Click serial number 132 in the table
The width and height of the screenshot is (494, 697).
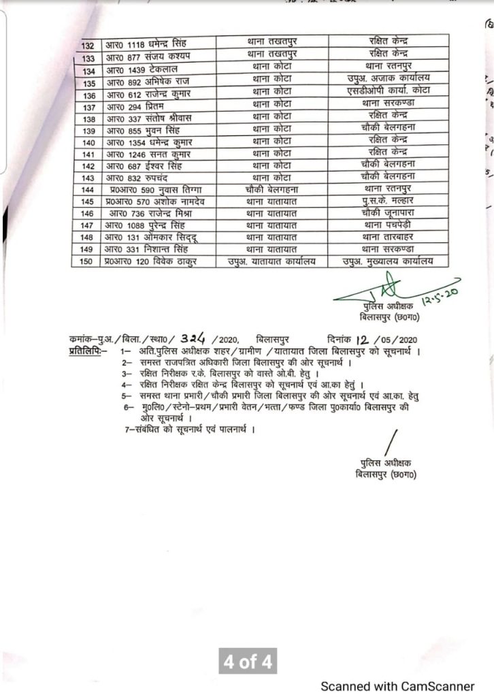[87, 45]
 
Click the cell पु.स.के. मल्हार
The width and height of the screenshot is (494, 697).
[386, 201]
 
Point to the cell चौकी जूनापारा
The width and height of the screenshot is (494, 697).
[386, 213]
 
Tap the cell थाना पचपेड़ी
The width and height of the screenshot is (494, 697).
[386, 225]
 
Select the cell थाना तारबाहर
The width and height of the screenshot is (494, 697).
[386, 237]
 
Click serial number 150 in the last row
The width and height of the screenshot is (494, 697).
[87, 261]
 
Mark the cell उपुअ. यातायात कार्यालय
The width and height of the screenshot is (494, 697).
[271, 261]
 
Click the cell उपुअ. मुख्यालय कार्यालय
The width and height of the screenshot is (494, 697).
[386, 261]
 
